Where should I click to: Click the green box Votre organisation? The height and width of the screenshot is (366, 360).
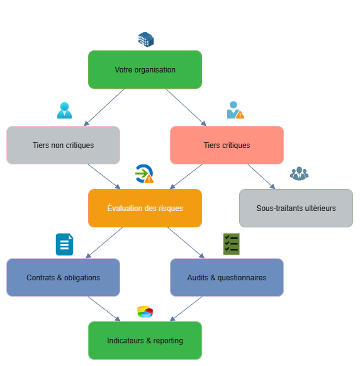tap(145, 69)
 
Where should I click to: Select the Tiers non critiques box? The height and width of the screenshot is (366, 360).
tap(63, 145)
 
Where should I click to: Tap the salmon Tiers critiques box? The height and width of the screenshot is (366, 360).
tap(227, 145)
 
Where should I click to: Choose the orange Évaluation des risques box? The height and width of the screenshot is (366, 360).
tap(145, 209)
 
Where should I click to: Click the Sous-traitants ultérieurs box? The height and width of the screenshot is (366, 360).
tap(296, 209)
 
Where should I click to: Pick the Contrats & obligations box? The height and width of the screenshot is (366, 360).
tap(63, 278)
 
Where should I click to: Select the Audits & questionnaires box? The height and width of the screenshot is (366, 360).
tap(227, 278)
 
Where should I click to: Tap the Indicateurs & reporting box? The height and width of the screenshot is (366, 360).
tap(145, 341)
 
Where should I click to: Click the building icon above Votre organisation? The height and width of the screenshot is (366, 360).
tap(146, 40)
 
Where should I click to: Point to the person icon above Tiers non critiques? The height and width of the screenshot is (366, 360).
tap(64, 110)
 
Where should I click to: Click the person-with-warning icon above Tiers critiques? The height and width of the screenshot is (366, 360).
tap(235, 110)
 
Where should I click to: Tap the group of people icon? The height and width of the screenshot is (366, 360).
tap(299, 173)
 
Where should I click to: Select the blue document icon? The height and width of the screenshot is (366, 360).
tap(64, 244)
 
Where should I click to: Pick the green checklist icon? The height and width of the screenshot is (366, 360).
tap(232, 244)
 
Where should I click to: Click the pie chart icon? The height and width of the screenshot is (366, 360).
tap(145, 312)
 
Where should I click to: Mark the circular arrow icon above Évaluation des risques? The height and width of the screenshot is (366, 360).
tap(144, 174)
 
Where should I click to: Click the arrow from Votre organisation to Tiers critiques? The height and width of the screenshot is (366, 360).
tap(186, 107)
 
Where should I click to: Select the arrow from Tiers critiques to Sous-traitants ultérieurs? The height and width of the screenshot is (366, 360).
tap(261, 176)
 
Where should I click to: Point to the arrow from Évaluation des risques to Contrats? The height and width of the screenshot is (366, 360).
tap(104, 243)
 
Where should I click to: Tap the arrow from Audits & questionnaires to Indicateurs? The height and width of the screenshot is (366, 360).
tap(186, 309)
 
